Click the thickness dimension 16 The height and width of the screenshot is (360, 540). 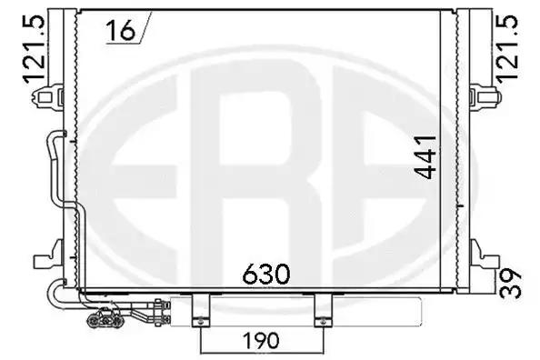(119, 31)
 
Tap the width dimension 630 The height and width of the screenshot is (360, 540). (266, 273)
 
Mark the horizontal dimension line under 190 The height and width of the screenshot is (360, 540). (260, 351)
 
